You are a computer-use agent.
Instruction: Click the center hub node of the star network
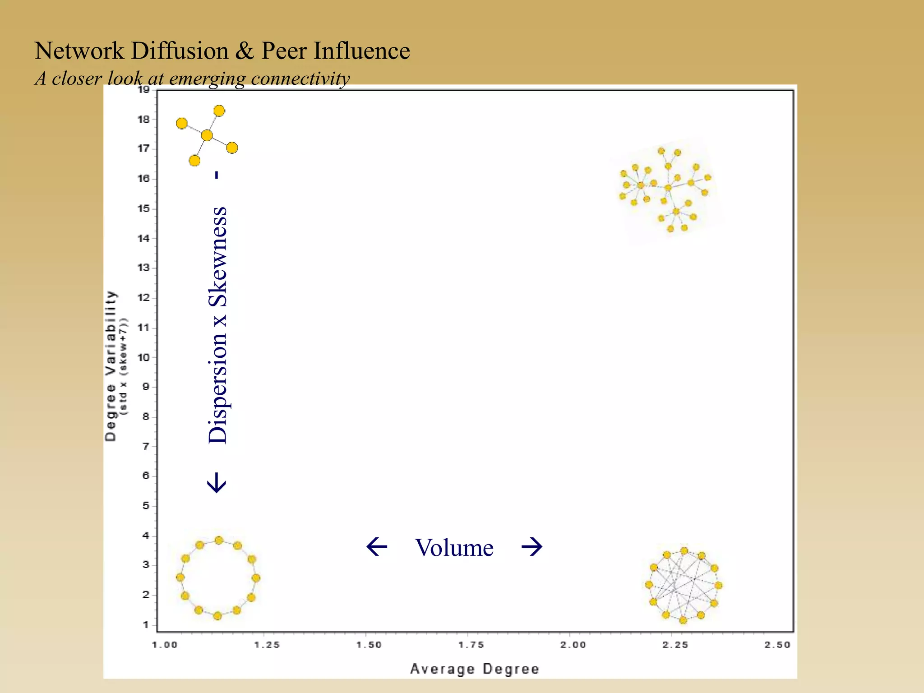tap(207, 135)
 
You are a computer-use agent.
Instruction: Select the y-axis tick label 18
tap(144, 120)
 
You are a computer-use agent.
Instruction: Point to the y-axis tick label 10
tap(144, 357)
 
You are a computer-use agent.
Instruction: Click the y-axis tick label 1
tap(146, 625)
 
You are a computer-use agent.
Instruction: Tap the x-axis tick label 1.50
tap(369, 645)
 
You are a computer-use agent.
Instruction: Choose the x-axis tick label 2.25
tap(675, 645)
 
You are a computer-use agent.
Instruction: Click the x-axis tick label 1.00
tap(165, 645)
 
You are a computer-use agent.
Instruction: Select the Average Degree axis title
tap(475, 669)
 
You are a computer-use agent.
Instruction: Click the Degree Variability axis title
tap(111, 365)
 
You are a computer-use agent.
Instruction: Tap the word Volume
tap(454, 548)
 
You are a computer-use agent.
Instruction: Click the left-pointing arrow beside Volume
tap(377, 547)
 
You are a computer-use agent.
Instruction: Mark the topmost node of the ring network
tap(219, 540)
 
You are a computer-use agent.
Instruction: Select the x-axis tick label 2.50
tap(777, 645)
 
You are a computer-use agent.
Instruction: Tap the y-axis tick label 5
tap(146, 506)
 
